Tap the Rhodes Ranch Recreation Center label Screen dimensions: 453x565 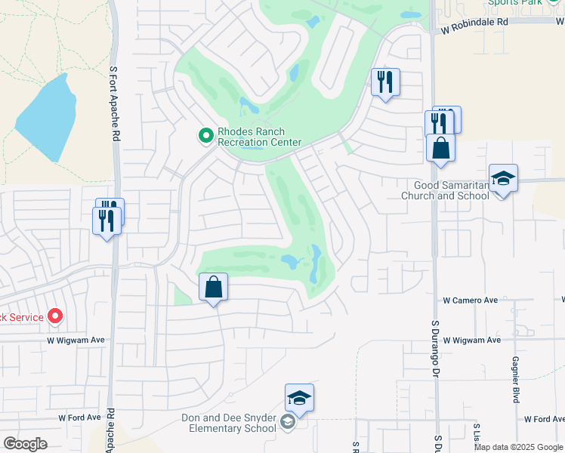click(x=259, y=137)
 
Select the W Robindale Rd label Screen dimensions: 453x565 click(x=482, y=22)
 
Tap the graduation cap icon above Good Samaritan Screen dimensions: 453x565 click(x=503, y=179)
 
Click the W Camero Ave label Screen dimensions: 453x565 click(x=470, y=300)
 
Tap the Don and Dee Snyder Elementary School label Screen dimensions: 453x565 click(x=229, y=423)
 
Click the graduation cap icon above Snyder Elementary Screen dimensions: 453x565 click(x=299, y=399)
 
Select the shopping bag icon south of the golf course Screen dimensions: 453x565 click(x=214, y=288)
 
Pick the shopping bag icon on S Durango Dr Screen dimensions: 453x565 click(x=440, y=148)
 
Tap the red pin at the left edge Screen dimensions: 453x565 click(x=55, y=316)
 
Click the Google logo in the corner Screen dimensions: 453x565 click(x=25, y=444)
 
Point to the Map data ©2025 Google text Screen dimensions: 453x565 click(x=518, y=447)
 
